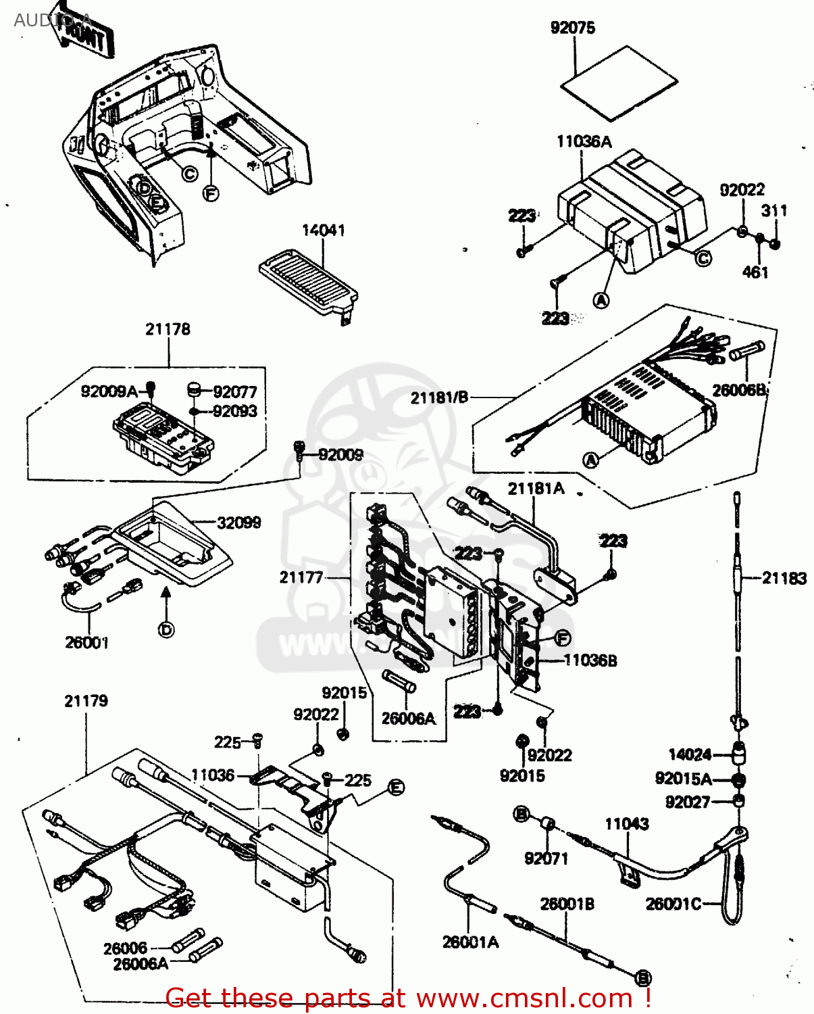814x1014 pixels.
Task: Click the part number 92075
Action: pyautogui.click(x=573, y=28)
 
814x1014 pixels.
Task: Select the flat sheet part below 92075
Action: pyautogui.click(x=619, y=83)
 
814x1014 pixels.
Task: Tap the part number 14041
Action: pyautogui.click(x=323, y=231)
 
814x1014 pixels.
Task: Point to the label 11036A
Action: pyautogui.click(x=584, y=141)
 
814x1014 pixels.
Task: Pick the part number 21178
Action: pyautogui.click(x=168, y=329)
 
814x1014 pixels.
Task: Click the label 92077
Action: pyautogui.click(x=234, y=392)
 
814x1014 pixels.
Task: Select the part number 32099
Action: pyautogui.click(x=238, y=523)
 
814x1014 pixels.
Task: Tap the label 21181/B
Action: pyautogui.click(x=439, y=397)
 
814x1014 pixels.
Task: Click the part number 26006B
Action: pyautogui.click(x=739, y=390)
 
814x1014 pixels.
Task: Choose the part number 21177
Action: pyautogui.click(x=301, y=577)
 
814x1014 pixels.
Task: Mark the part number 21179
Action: pyautogui.click(x=86, y=701)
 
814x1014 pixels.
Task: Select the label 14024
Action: pyautogui.click(x=690, y=754)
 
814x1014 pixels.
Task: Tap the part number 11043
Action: pyautogui.click(x=626, y=823)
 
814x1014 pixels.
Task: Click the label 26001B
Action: pyautogui.click(x=567, y=904)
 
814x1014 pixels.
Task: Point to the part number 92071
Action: pyautogui.click(x=546, y=859)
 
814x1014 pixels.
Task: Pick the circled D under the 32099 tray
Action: pyautogui.click(x=166, y=630)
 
